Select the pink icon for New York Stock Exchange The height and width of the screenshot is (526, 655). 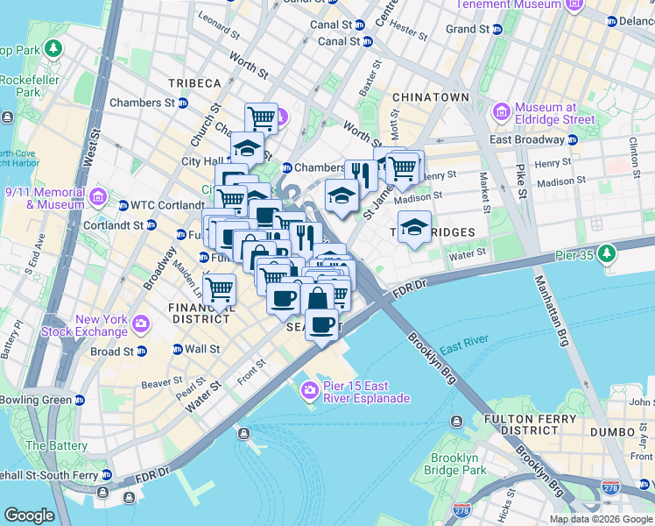pyautogui.click(x=141, y=326)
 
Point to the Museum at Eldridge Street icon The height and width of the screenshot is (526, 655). pyautogui.click(x=501, y=112)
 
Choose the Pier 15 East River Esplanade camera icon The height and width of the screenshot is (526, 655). pyautogui.click(x=310, y=391)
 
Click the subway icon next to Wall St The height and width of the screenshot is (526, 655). pyautogui.click(x=177, y=349)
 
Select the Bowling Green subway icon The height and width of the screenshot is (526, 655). pyautogui.click(x=80, y=400)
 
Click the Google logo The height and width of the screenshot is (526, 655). pyautogui.click(x=29, y=515)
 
